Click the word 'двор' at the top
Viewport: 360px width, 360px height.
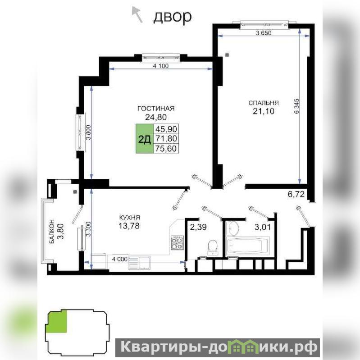[x=173, y=17]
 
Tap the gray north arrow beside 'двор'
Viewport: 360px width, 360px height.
[x=137, y=14]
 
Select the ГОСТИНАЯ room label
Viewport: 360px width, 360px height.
[x=156, y=109]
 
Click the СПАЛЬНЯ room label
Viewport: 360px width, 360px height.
[x=264, y=103]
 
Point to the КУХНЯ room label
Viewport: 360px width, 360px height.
[x=129, y=217]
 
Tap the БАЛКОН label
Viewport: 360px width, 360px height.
[x=52, y=231]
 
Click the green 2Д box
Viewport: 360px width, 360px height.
[x=145, y=138]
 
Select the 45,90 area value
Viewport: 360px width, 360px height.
[x=166, y=129]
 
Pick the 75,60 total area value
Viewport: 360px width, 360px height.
[x=166, y=149]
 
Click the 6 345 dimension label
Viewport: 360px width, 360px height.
[x=296, y=106]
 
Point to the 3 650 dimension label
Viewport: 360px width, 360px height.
[x=264, y=33]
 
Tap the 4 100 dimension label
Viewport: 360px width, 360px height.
[x=160, y=66]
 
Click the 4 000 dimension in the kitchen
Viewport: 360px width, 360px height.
[x=119, y=259]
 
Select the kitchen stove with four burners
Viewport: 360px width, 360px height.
[x=177, y=243]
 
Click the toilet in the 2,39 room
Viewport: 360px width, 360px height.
[x=212, y=247]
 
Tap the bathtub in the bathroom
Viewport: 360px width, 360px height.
[x=247, y=246]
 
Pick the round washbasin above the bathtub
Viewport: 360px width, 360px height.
[x=234, y=228]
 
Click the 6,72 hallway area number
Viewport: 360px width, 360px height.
[x=296, y=195]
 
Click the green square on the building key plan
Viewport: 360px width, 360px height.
[x=57, y=321]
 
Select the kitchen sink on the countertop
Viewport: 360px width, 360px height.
[x=139, y=263]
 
